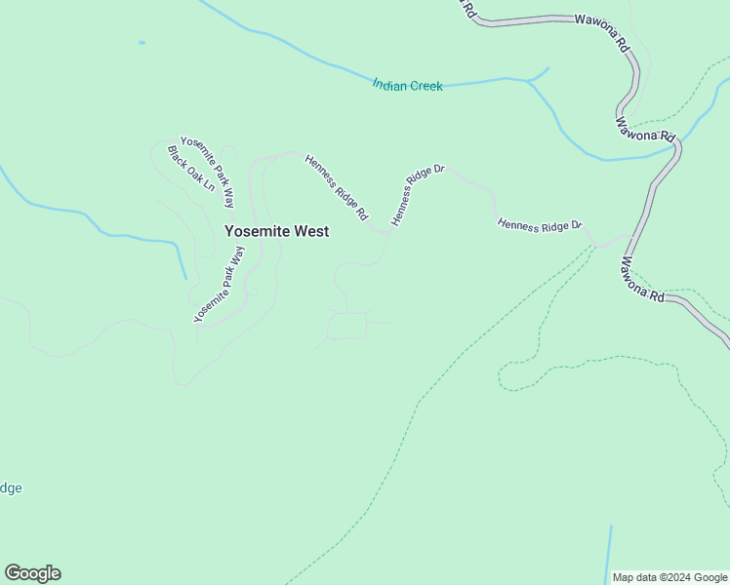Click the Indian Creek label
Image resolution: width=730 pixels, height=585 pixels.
(x=407, y=86)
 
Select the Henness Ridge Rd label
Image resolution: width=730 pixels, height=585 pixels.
(x=336, y=186)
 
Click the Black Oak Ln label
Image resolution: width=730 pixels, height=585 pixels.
(x=190, y=169)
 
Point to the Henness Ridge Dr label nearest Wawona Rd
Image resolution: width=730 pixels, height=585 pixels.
(x=540, y=225)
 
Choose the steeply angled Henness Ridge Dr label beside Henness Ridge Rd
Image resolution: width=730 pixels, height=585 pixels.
(x=418, y=195)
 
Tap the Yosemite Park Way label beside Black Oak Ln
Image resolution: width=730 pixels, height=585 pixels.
(x=208, y=173)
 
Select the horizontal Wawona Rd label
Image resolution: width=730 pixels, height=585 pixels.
(x=601, y=19)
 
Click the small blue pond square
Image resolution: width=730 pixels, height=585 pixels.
(x=142, y=43)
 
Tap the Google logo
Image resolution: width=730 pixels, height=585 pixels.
(x=32, y=573)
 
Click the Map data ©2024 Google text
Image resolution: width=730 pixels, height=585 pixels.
(x=670, y=577)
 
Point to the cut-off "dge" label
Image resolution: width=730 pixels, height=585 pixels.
(x=11, y=488)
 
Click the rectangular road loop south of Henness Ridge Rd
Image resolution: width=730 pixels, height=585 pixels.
(x=346, y=326)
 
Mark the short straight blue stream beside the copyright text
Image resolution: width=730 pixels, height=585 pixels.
(x=609, y=552)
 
